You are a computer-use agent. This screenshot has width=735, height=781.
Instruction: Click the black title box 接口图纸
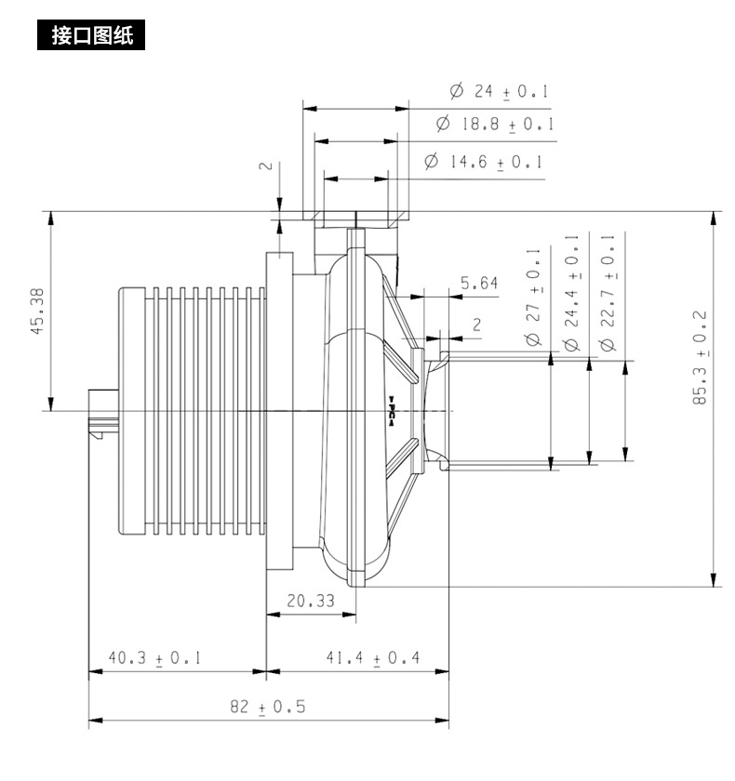(x=91, y=35)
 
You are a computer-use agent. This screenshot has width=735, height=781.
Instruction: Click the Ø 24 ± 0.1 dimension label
(x=499, y=91)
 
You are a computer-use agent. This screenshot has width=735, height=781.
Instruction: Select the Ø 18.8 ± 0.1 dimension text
(x=495, y=124)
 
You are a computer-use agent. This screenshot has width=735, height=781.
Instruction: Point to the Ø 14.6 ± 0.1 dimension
(x=484, y=162)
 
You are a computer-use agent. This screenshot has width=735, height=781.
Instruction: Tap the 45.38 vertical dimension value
(x=38, y=311)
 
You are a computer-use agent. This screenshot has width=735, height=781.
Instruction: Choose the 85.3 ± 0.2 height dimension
(x=701, y=357)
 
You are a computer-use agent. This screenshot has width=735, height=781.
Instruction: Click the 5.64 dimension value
(x=479, y=283)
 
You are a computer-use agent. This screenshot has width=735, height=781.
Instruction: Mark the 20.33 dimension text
(x=311, y=601)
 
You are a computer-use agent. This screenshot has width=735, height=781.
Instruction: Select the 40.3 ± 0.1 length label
(x=154, y=658)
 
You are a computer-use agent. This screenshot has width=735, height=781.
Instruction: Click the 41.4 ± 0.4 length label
(x=373, y=658)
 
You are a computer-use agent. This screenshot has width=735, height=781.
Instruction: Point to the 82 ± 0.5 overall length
(x=268, y=707)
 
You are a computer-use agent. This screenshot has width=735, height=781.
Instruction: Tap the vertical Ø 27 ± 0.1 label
(x=533, y=298)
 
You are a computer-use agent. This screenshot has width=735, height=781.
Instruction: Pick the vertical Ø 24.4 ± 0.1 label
(x=571, y=293)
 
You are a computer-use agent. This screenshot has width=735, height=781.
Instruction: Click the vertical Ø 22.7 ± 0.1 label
(x=608, y=293)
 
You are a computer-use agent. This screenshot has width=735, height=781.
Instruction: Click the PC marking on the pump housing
(x=391, y=411)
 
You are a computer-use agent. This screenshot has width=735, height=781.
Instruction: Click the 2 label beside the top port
(x=267, y=165)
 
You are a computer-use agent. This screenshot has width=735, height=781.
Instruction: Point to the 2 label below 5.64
(x=477, y=324)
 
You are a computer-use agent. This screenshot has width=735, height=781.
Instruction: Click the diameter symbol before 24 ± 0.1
(x=457, y=91)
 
